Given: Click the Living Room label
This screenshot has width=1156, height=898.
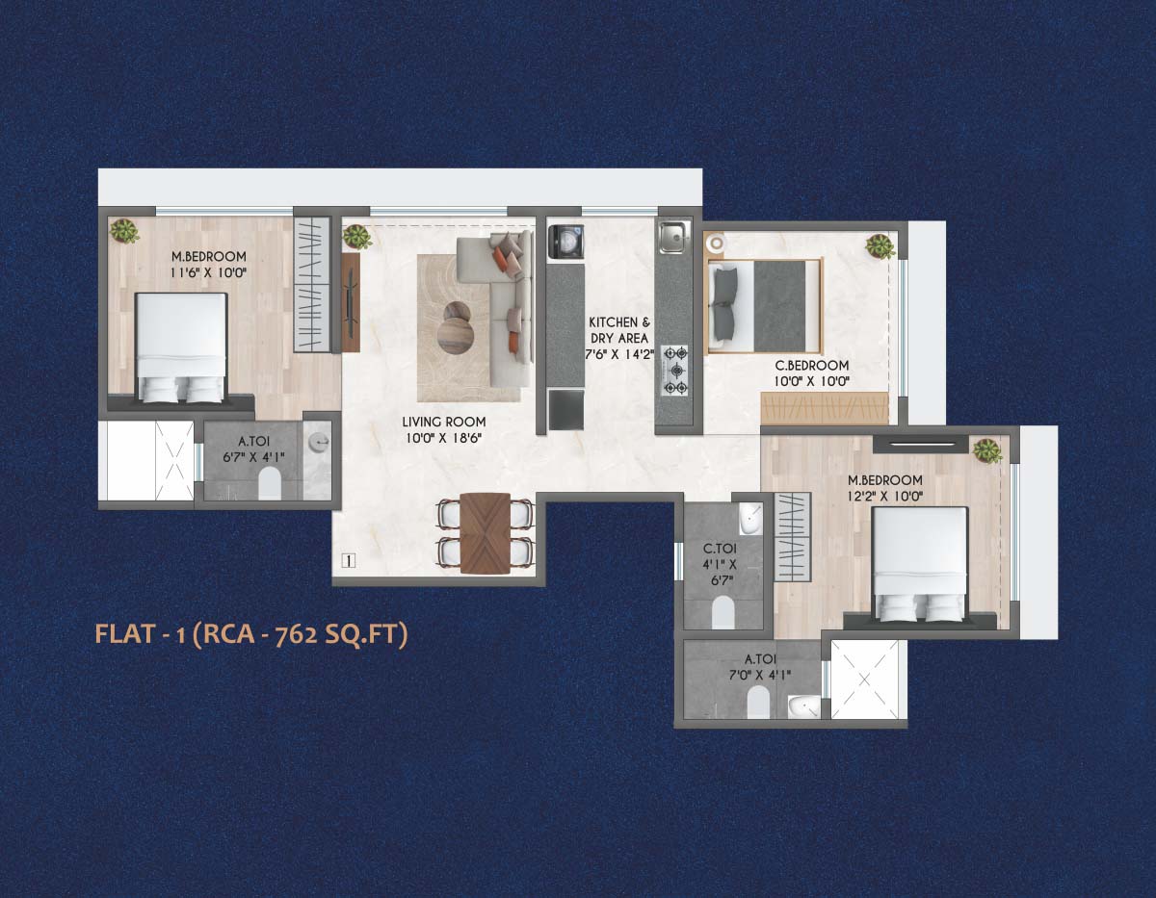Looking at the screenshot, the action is coord(444,422).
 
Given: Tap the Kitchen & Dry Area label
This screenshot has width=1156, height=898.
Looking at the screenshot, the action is coord(619,330).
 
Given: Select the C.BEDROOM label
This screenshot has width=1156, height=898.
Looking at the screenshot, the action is coord(812,366).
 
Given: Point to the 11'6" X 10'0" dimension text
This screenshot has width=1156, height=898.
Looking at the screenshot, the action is coord(208,273).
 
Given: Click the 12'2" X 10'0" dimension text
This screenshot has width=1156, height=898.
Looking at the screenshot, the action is coord(885,497).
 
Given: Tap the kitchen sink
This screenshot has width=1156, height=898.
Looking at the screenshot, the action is coord(674,236).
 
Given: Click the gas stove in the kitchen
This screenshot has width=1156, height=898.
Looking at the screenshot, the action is coord(674,371).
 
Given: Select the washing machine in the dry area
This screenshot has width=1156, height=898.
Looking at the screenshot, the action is coord(565,242).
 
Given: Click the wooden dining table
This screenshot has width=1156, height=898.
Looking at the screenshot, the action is coord(485,533).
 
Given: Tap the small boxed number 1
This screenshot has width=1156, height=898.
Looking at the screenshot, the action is coord(349,560).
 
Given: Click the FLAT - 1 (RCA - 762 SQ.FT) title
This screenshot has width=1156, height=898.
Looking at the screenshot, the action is coord(251,634).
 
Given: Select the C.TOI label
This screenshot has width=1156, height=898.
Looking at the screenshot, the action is coord(720,548).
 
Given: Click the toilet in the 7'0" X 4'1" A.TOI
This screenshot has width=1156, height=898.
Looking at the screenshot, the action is coord(757,702).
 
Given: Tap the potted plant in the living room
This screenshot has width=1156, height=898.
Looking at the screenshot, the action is coord(356,236).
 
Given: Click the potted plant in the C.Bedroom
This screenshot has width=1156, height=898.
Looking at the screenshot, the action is coord(880,246).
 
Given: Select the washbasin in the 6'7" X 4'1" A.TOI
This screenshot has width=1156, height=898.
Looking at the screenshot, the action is coord(319,441).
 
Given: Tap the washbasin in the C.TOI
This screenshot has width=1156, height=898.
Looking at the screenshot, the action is coord(750,519).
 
